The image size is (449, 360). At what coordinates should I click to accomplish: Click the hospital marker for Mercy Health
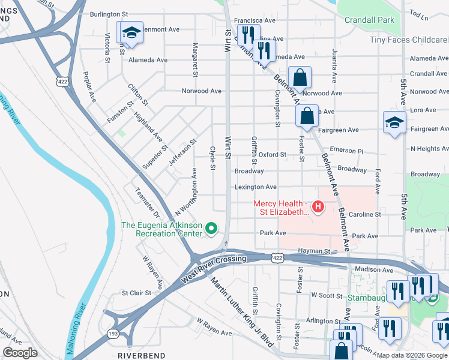pos(318,208)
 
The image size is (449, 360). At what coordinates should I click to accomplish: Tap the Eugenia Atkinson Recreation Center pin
pos(211,229)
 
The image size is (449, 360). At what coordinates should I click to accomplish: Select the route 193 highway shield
pos(113,333)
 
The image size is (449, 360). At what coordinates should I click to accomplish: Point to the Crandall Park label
pos(369,20)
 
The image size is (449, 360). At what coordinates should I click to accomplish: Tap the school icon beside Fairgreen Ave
pos(394,123)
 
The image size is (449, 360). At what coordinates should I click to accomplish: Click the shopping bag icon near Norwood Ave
pos(299,78)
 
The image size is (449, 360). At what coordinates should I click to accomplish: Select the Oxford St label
pos(273,155)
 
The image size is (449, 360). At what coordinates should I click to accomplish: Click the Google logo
pos(20,353)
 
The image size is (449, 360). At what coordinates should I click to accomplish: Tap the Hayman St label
pos(315,251)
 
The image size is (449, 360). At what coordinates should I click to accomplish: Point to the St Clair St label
pos(136,293)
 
